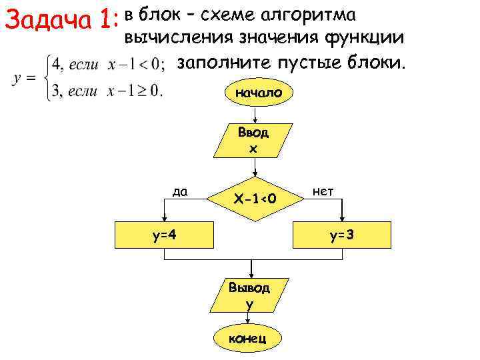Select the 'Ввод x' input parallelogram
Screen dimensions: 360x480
click(x=253, y=140)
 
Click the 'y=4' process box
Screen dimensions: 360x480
click(x=163, y=235)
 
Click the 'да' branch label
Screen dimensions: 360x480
click(x=180, y=192)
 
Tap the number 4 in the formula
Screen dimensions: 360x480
click(x=56, y=65)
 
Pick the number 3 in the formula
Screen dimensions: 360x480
click(x=56, y=91)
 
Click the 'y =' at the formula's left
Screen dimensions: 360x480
click(x=24, y=78)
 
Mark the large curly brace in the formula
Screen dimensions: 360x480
click(x=46, y=78)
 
